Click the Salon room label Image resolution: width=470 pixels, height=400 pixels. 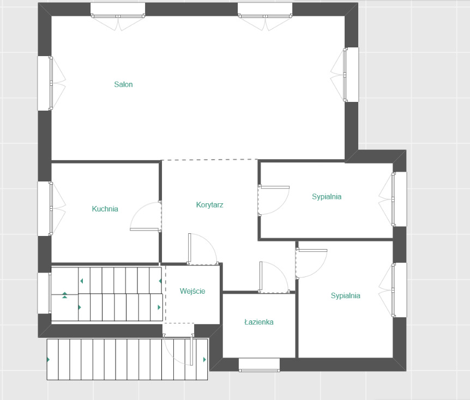pyautogui.click(x=123, y=84)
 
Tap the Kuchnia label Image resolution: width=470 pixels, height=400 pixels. pyautogui.click(x=105, y=209)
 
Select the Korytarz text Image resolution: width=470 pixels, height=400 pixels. pyautogui.click(x=209, y=205)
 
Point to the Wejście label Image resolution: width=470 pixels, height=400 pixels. pyautogui.click(x=192, y=291)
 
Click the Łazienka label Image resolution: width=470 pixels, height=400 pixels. pyautogui.click(x=259, y=322)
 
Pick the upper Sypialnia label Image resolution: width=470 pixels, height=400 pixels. pyautogui.click(x=327, y=197)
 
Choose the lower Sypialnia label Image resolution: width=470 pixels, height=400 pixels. pyautogui.click(x=345, y=296)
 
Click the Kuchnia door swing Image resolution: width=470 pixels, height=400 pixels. pyautogui.click(x=146, y=216)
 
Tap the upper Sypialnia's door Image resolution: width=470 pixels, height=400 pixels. pyautogui.click(x=274, y=200)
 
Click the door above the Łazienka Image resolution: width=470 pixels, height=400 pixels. pyautogui.click(x=274, y=277)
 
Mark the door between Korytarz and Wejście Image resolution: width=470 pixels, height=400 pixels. pyautogui.click(x=203, y=249)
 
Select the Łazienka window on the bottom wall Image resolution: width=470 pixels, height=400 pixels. pyautogui.click(x=260, y=365)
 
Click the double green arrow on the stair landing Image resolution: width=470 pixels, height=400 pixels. pyautogui.click(x=65, y=295)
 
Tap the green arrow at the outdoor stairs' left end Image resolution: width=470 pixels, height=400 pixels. pyautogui.click(x=49, y=360)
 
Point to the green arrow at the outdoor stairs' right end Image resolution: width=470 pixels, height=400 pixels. pyautogui.click(x=204, y=360)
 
